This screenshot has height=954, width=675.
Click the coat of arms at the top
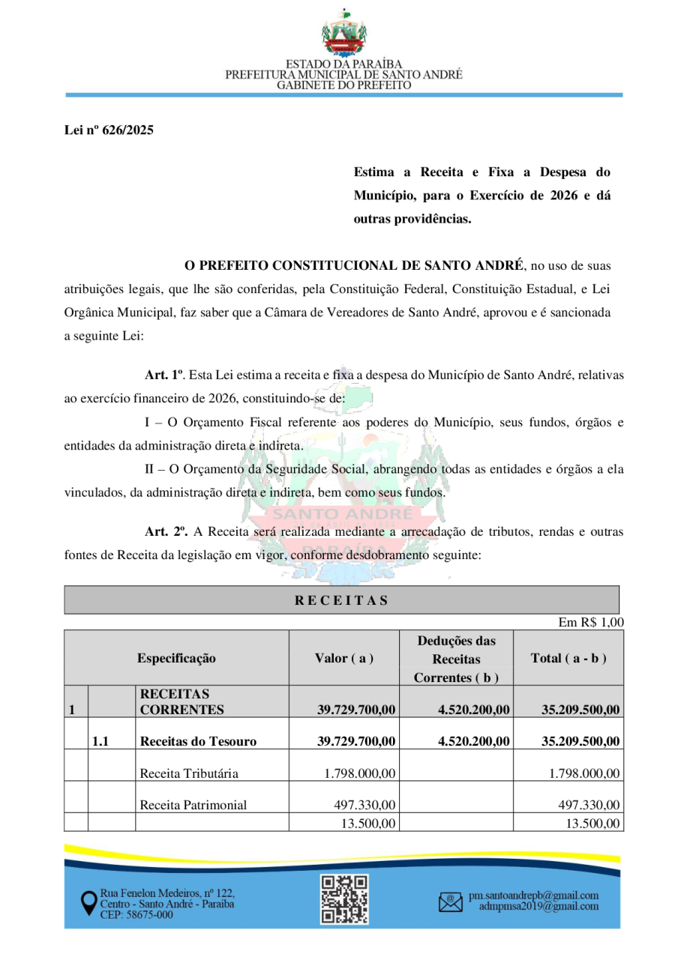click(344, 33)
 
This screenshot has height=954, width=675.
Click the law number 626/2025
click(109, 130)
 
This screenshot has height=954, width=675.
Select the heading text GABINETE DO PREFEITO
click(344, 86)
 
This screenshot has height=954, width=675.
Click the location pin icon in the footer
click(88, 903)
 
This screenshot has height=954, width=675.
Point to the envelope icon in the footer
click(451, 901)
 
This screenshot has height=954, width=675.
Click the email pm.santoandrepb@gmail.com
click(533, 896)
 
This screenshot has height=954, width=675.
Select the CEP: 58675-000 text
click(136, 915)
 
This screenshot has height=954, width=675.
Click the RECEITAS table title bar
click(342, 600)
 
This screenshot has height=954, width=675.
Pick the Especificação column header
click(176, 658)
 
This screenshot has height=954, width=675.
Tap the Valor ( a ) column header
click(344, 658)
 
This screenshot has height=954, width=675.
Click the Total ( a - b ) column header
click(568, 658)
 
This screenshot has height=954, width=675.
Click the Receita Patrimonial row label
click(193, 805)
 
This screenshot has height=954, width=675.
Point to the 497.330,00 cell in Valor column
click(364, 805)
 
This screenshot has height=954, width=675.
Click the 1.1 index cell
click(101, 742)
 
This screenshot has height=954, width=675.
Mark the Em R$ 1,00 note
click(591, 622)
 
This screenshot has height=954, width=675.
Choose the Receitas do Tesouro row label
click(198, 742)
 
